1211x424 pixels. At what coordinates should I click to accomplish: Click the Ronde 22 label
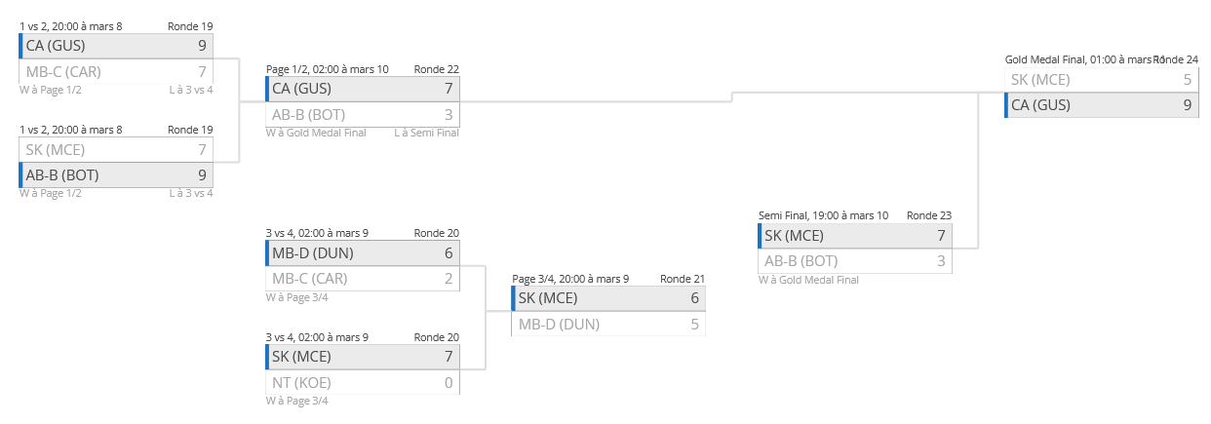(436, 69)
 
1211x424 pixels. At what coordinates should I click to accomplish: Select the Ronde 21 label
(682, 278)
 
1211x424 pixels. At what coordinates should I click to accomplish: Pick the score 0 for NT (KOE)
(449, 383)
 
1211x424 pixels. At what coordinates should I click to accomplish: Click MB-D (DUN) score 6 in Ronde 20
(449, 253)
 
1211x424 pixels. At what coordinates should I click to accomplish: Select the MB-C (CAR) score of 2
(449, 279)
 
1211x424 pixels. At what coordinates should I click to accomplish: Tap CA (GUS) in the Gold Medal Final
(1040, 105)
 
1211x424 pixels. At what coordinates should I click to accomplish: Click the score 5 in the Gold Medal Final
(1187, 80)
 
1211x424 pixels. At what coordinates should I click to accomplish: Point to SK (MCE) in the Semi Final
(794, 236)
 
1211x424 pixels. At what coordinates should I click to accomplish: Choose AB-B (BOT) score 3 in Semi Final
(941, 261)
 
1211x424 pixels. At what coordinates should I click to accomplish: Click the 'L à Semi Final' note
(426, 133)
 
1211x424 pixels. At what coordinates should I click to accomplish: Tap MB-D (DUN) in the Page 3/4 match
(559, 325)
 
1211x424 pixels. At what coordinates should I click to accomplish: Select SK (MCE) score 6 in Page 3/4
(694, 298)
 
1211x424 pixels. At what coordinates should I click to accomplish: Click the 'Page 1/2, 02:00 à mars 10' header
(327, 69)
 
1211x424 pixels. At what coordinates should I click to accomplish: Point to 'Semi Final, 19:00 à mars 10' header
(823, 215)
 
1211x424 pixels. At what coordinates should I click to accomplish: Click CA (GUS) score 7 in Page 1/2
(449, 89)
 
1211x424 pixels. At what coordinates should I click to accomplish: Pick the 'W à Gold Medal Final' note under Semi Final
(808, 280)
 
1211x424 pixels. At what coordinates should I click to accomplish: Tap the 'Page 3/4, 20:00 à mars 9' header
(570, 278)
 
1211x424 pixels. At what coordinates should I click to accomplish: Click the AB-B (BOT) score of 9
(202, 175)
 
